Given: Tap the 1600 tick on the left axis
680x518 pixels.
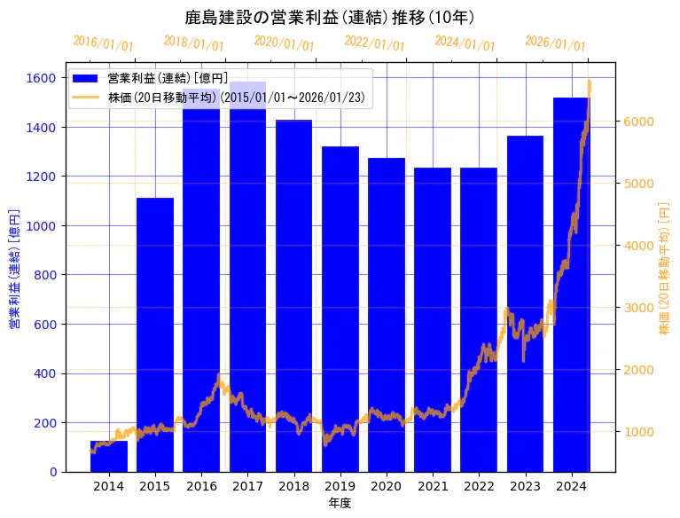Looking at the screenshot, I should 43,78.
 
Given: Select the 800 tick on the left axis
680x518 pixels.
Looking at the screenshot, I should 47,275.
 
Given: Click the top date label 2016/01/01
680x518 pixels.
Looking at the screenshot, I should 104,43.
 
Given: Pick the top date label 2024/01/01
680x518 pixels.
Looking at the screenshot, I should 465,43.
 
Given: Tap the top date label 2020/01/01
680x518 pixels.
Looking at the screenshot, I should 285,43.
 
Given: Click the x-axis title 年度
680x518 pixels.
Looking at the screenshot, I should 340,503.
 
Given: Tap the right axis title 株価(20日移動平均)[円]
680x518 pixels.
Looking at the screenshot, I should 663,266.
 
